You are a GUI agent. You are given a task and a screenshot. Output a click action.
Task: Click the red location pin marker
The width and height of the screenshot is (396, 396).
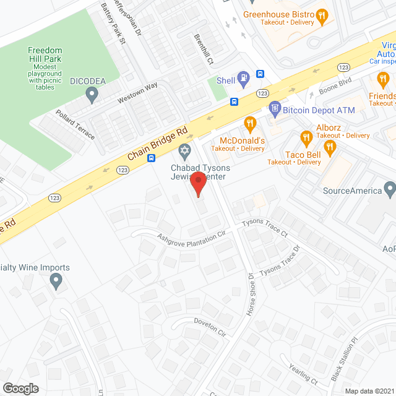pyautogui.click(x=197, y=184)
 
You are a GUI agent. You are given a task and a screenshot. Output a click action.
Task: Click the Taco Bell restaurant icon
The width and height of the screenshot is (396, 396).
pyautogui.click(x=329, y=147)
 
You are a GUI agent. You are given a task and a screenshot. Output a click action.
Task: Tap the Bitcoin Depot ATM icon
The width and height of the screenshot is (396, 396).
pyautogui.click(x=275, y=110)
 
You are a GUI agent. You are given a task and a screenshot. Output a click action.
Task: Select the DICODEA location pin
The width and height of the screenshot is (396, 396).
pyautogui.click(x=93, y=95)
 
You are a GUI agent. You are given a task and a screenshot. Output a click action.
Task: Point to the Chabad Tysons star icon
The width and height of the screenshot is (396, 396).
pyautogui.click(x=184, y=150)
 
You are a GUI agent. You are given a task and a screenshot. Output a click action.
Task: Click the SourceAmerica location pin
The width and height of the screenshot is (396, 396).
pyautogui.click(x=389, y=187)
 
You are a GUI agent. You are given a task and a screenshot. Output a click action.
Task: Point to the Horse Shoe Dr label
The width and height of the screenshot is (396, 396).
pyautogui.click(x=251, y=295)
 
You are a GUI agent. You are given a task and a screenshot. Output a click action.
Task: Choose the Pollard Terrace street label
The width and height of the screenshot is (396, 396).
pyautogui.click(x=75, y=124)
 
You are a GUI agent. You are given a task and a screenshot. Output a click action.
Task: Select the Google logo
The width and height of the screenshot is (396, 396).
pyautogui.click(x=20, y=388)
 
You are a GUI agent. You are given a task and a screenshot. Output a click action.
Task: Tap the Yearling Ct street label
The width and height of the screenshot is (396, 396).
pyautogui.click(x=303, y=374)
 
